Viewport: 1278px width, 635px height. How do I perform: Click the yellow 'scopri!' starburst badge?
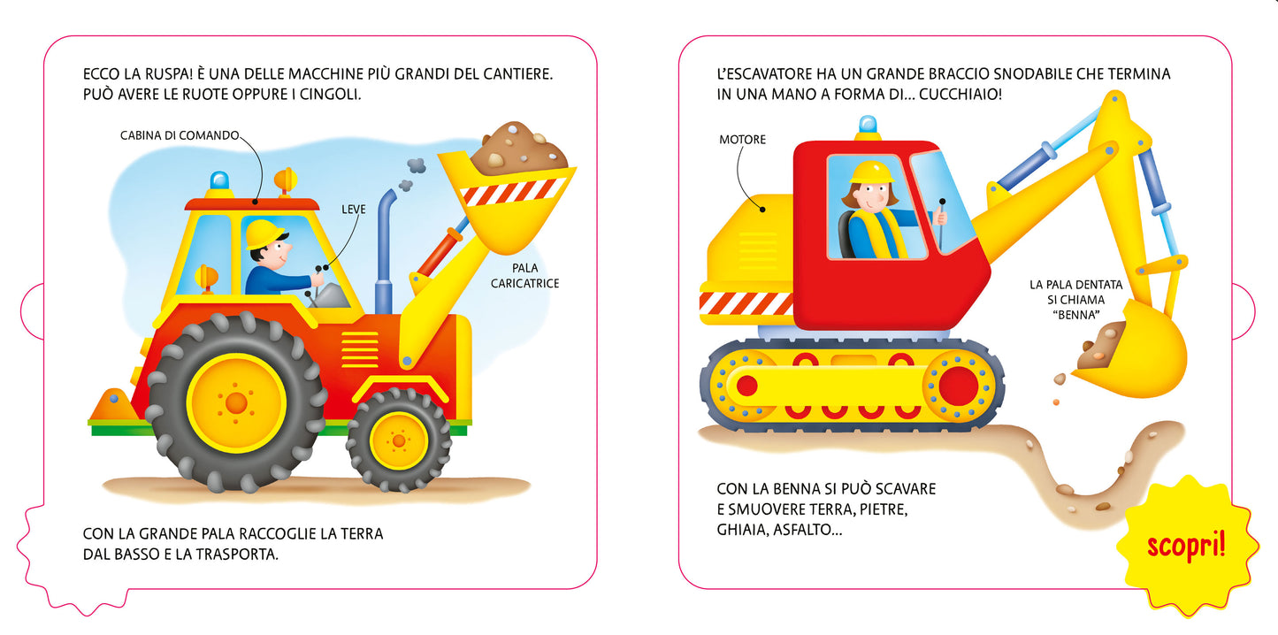tap(1186, 545)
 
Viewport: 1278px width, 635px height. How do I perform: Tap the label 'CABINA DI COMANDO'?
tap(180, 135)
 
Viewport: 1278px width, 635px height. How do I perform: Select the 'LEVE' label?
tap(354, 210)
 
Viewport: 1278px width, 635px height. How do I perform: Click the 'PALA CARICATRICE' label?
tap(525, 276)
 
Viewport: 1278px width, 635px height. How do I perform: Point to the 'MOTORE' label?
tap(742, 140)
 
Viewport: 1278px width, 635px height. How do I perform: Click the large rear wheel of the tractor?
tap(236, 402)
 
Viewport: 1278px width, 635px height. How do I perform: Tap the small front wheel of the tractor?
tap(398, 440)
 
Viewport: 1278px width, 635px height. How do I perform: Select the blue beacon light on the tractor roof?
tap(218, 182)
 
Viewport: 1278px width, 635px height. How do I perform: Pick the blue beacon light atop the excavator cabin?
tap(868, 126)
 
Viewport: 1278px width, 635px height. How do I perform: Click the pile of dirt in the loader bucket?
tap(518, 148)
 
